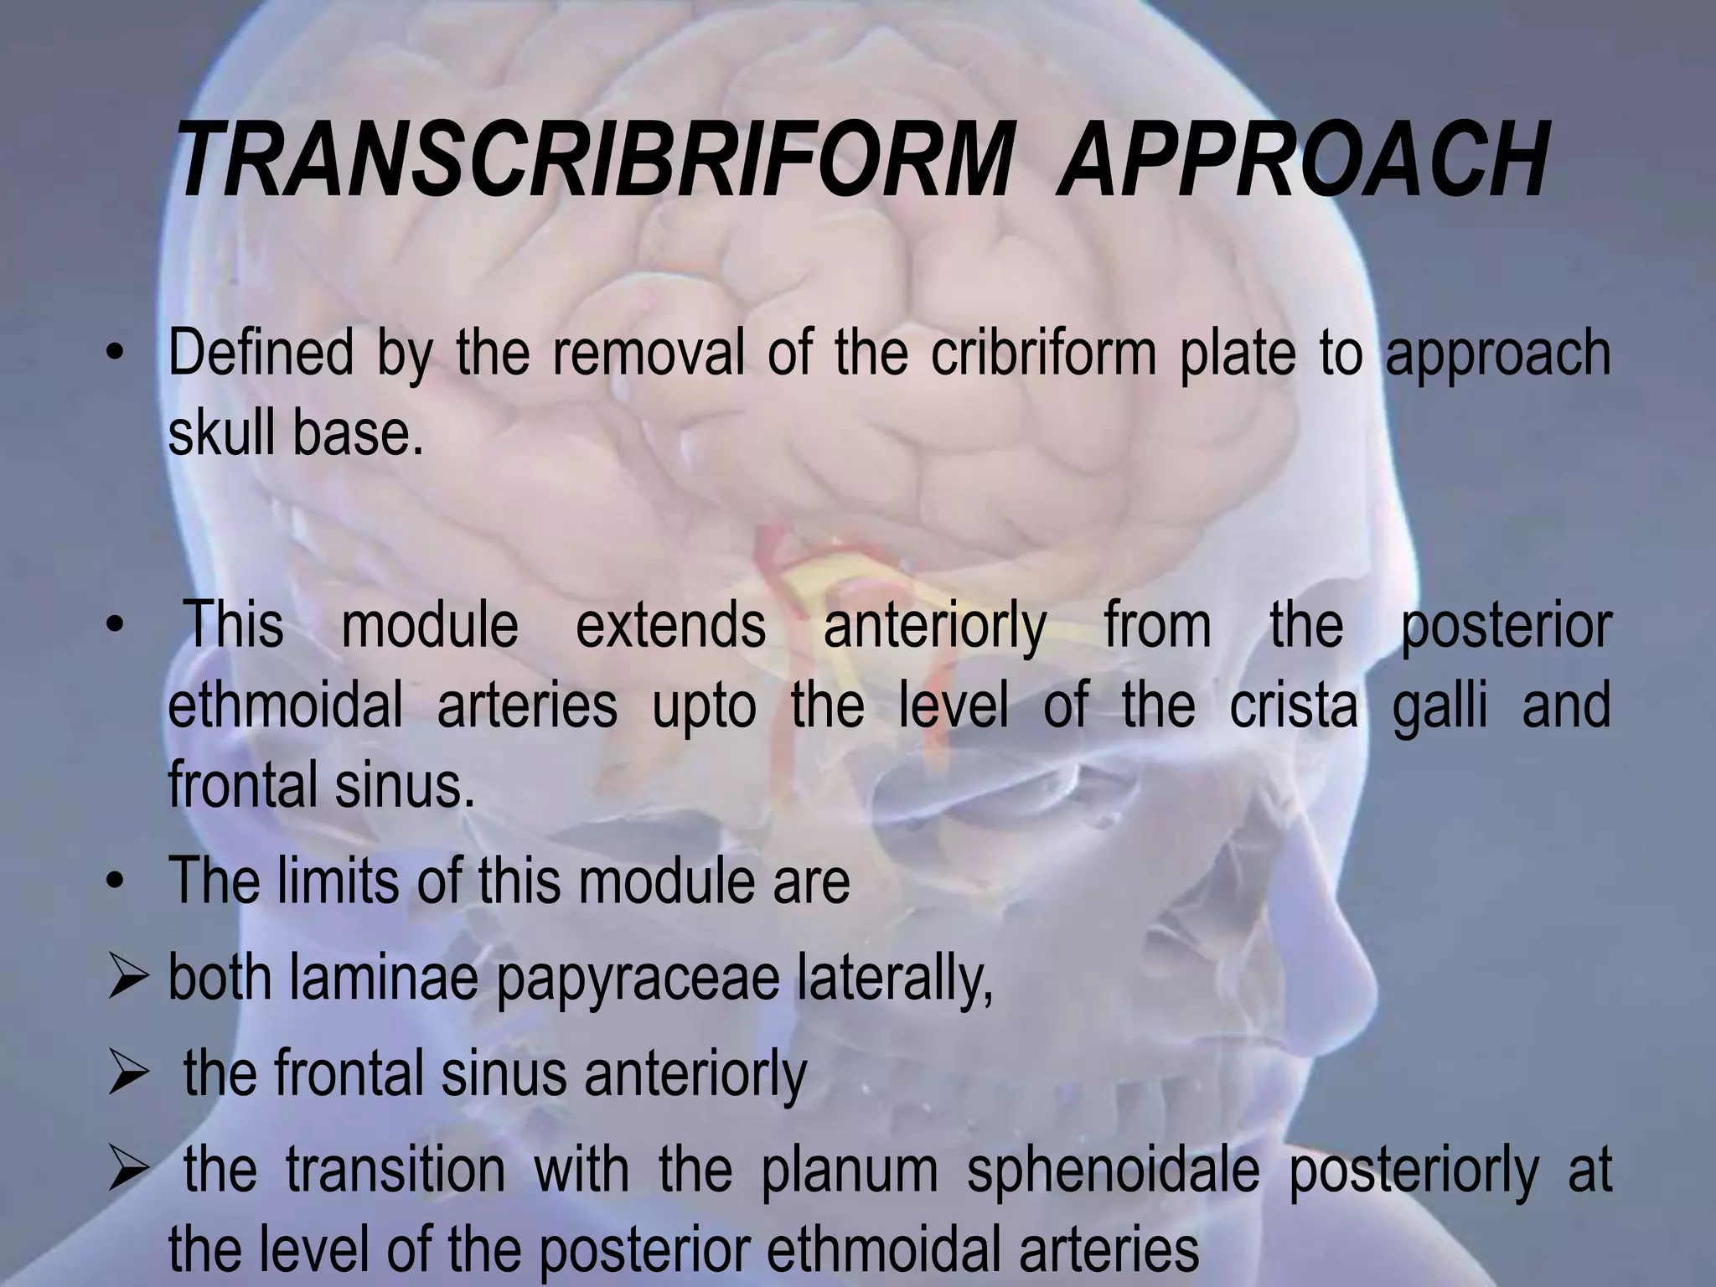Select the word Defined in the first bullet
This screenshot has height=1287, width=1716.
[x=261, y=354]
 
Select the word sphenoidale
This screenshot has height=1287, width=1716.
[x=1114, y=1171]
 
